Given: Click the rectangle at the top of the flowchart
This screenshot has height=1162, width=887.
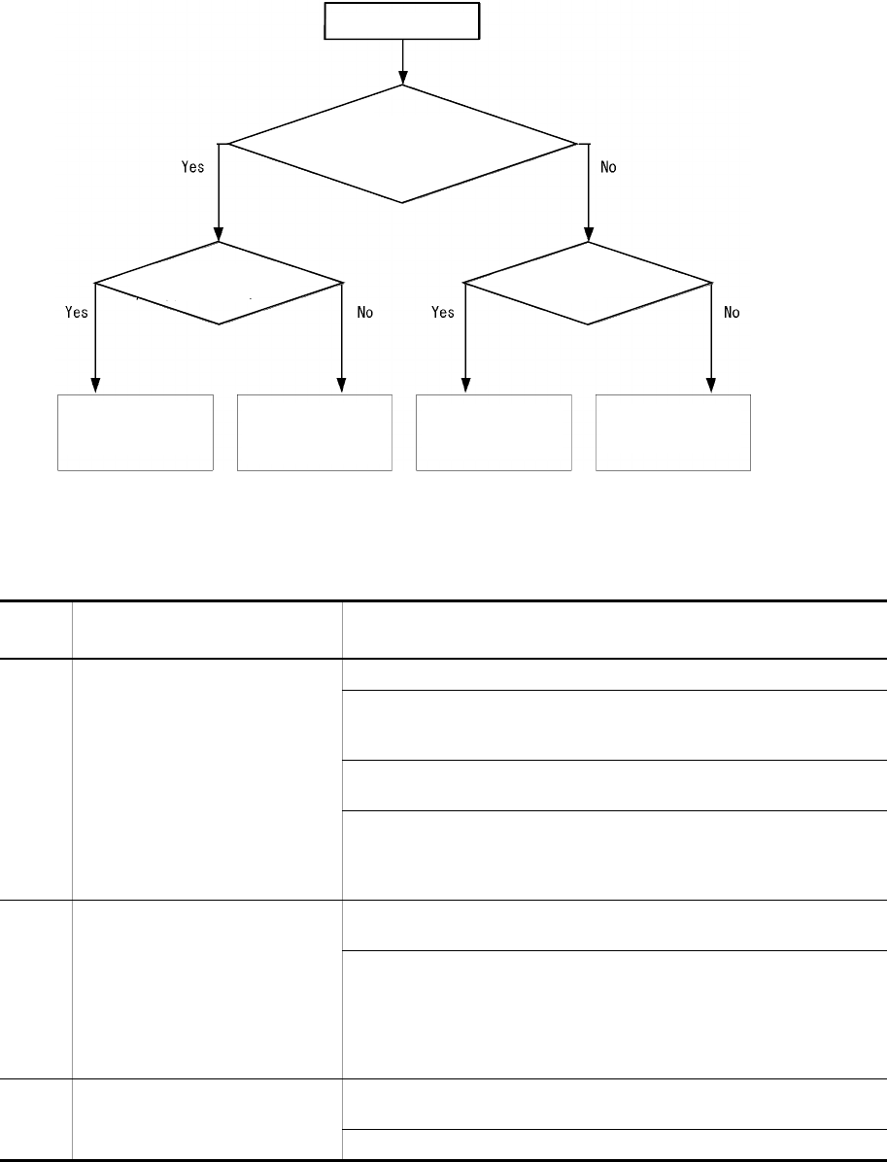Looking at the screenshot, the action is (x=401, y=21).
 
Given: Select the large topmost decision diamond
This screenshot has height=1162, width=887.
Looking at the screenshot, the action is (x=401, y=144).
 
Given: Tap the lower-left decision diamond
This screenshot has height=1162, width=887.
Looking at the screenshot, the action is (x=219, y=283).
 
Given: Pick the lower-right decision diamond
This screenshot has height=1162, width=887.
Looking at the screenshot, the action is (x=588, y=283).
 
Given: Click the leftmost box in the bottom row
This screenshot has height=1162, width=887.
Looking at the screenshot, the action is (x=135, y=432).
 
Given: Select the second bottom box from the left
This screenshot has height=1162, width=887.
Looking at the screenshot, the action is (x=315, y=432).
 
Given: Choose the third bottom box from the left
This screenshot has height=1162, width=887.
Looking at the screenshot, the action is (x=494, y=432).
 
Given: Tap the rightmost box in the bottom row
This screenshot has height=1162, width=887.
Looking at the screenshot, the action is (x=673, y=432).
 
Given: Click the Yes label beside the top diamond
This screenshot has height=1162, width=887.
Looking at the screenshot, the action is (x=192, y=167).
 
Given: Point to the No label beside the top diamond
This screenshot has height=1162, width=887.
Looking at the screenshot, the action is (x=609, y=167).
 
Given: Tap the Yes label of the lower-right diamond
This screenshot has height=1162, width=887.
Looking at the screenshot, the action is (x=443, y=313).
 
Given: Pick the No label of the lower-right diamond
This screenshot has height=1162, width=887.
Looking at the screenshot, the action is (x=733, y=313).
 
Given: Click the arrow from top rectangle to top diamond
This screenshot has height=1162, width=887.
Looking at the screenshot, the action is (x=401, y=62).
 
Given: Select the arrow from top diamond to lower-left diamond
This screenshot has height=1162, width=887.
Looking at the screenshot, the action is (x=219, y=194).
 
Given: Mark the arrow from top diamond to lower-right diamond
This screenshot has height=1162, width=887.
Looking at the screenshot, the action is (x=588, y=194).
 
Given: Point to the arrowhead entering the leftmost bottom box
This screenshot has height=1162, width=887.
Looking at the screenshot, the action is (x=95, y=386).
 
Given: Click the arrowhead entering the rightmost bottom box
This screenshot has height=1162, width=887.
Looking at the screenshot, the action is (x=712, y=386).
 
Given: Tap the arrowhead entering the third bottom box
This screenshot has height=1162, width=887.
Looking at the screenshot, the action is (x=465, y=386).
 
